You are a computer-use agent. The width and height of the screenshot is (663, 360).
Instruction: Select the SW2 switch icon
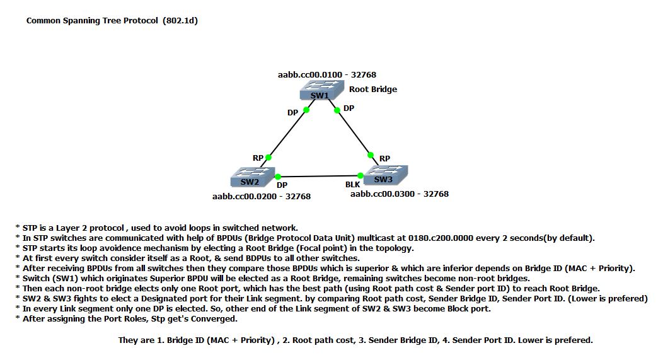(x=250, y=177)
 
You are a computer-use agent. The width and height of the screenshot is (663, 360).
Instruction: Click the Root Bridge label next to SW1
(x=373, y=90)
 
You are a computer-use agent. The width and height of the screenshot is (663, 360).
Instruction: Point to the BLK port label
(x=352, y=185)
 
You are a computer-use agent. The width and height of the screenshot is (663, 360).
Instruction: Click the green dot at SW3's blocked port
(x=360, y=176)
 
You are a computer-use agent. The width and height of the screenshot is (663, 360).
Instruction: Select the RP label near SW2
(x=258, y=158)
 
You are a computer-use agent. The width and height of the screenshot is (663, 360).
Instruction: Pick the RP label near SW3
(x=385, y=159)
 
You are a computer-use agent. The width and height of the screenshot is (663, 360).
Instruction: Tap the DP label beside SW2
(x=282, y=185)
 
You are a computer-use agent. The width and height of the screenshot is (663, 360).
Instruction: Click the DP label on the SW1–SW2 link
(x=293, y=113)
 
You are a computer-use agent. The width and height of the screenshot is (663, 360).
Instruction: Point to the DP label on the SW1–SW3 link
(x=349, y=108)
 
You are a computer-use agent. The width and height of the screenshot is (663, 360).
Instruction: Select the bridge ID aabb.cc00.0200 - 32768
(x=262, y=197)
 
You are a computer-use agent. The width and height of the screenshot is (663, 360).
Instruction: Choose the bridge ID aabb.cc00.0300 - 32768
(x=400, y=194)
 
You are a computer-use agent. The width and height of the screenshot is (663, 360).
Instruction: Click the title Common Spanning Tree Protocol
(x=91, y=21)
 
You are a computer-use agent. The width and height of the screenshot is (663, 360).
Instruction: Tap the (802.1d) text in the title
(x=181, y=21)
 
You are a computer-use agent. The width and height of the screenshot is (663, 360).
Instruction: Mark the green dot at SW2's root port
(x=268, y=157)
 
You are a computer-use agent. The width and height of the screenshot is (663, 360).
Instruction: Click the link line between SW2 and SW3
(x=318, y=176)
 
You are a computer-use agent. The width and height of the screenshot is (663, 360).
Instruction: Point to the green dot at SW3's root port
(x=371, y=155)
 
